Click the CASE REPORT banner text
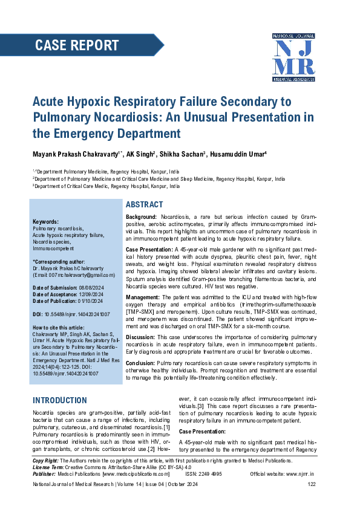(77, 45)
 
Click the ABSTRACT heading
(144, 205)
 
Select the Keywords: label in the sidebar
(45, 222)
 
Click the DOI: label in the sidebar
(38, 315)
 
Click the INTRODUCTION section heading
(60, 400)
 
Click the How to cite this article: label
(58, 326)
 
